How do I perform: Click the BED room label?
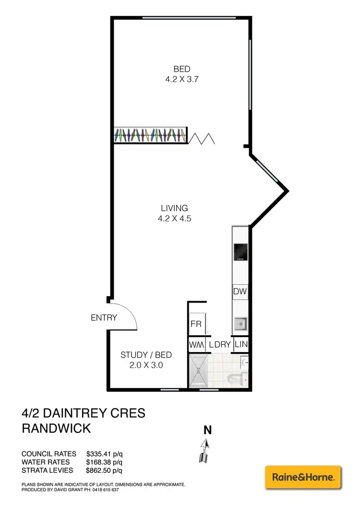click(x=182, y=69)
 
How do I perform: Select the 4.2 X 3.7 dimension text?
click(x=182, y=79)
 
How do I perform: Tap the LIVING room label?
click(x=174, y=208)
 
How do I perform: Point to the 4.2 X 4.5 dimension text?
click(x=174, y=218)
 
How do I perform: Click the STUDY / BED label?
click(x=146, y=355)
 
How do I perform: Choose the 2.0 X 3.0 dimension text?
click(x=146, y=365)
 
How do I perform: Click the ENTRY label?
click(x=104, y=317)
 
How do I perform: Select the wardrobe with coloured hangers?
click(x=150, y=135)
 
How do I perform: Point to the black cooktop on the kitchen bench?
click(x=240, y=252)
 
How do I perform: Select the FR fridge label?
click(x=196, y=324)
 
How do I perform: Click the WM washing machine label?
click(x=195, y=345)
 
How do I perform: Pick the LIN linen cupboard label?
click(x=240, y=345)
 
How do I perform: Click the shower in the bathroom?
click(x=199, y=371)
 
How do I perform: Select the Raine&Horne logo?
click(x=303, y=477)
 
